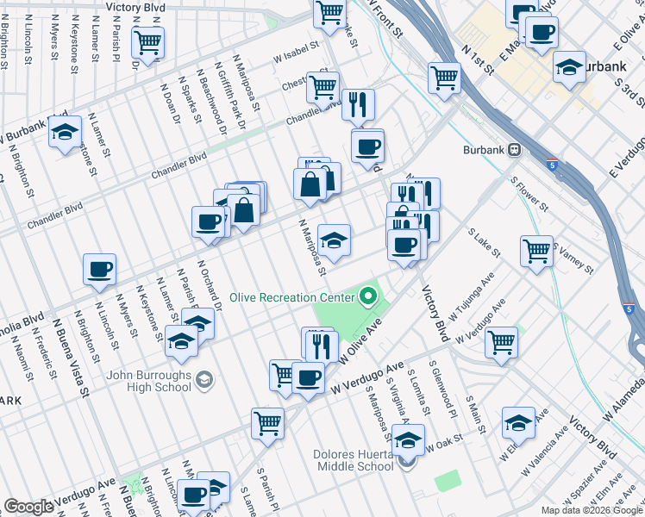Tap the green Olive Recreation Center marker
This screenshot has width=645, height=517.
tap(369, 298)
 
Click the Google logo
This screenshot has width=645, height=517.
tap(28, 506)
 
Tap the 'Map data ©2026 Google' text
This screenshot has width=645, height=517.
tap(591, 510)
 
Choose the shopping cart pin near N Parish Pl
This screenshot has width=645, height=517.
tap(147, 40)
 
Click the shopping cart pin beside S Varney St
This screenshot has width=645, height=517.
tap(536, 251)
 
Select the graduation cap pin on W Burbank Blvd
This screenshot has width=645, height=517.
tap(65, 132)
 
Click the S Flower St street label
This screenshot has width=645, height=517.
tap(529, 195)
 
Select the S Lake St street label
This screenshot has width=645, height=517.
tap(484, 243)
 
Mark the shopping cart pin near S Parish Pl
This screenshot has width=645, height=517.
tap(267, 422)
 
